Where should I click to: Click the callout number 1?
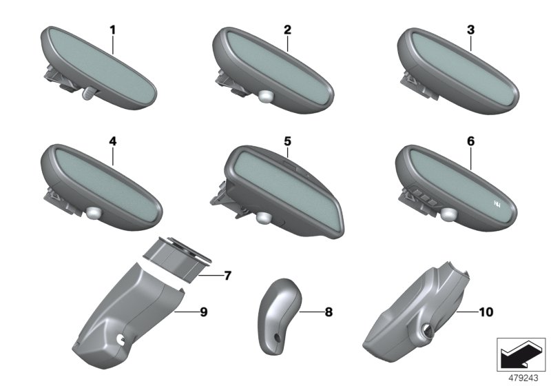[112, 30]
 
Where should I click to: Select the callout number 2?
[287, 30]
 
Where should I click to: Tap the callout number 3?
[470, 30]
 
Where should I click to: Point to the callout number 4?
[112, 141]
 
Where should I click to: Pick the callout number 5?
[287, 141]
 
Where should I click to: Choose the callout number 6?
[470, 141]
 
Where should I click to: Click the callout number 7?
[228, 276]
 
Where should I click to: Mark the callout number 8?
[329, 312]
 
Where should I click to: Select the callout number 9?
[204, 312]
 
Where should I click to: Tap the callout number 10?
[486, 312]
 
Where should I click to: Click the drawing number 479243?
[523, 378]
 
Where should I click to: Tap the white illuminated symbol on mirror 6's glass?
[497, 203]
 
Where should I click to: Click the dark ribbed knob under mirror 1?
[89, 94]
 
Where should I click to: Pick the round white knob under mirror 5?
[264, 218]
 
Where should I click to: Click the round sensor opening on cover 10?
[428, 330]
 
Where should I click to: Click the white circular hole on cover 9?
[121, 339]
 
